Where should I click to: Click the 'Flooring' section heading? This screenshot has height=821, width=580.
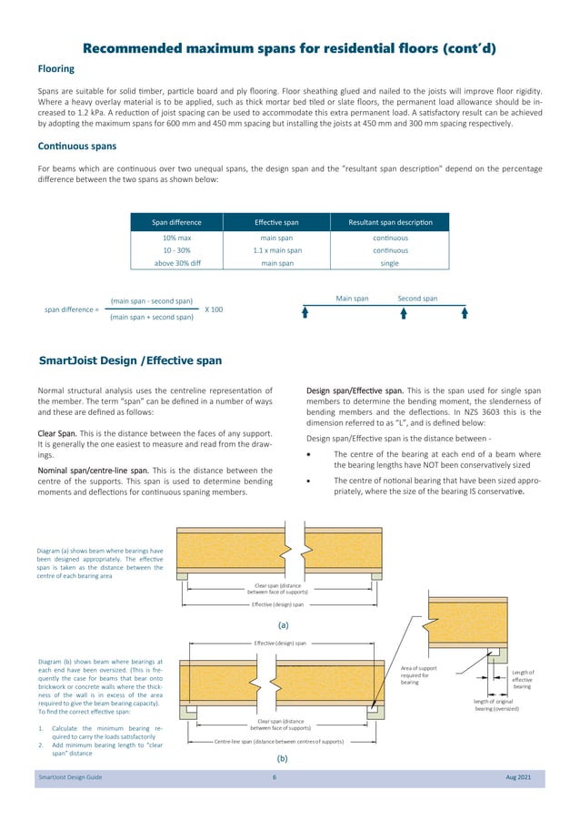point(55,69)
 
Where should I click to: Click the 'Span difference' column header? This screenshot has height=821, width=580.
point(176,222)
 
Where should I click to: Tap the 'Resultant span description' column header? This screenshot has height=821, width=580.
point(390,222)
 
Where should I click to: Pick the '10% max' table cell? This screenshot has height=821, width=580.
point(176,238)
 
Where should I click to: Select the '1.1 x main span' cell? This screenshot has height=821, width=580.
point(277,250)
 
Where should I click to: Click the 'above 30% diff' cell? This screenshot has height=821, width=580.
point(176,263)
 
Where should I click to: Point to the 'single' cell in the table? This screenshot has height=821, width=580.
point(390,263)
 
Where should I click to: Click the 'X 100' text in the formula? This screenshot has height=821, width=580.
point(214,309)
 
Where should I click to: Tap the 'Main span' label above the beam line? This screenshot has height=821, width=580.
point(352,299)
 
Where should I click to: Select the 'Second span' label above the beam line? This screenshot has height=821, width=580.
point(417,299)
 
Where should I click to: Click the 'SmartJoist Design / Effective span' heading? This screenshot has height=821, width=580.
point(130,360)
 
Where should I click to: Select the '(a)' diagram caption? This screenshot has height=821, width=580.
point(283,625)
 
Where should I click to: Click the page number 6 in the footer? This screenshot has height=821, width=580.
point(274,776)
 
